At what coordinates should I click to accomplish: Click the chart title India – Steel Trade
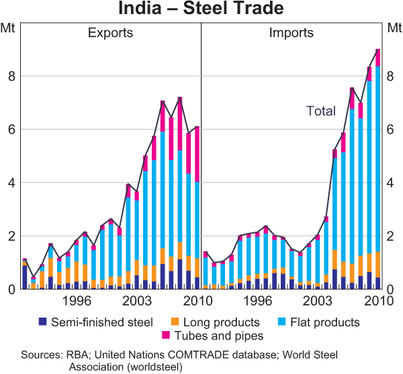pos(201,9)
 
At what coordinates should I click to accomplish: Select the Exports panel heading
pos(111,33)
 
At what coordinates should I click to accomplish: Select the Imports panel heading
pos(291,33)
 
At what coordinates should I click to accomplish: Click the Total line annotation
pos(320,111)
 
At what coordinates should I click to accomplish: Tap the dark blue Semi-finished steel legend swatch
pos(44,322)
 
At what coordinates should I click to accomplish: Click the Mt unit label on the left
pos(9,28)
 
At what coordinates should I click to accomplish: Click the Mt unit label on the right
pos(394,28)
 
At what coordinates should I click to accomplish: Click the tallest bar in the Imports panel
pos(378,168)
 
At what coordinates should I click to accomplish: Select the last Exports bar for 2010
pos(197,208)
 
